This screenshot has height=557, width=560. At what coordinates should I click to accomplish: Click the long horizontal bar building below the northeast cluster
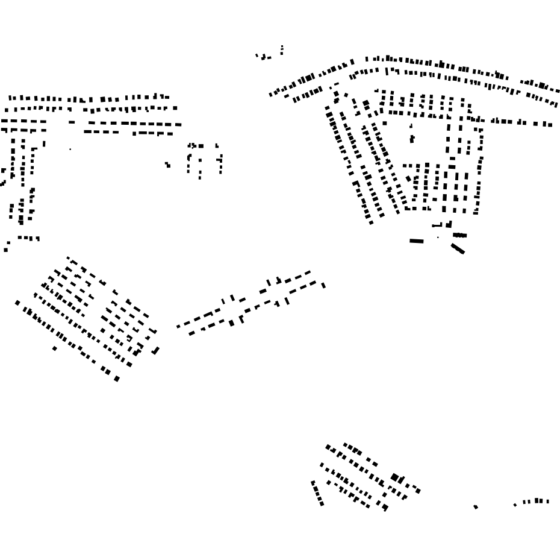click(416, 241)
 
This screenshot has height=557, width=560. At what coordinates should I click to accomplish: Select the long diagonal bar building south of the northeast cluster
click(458, 248)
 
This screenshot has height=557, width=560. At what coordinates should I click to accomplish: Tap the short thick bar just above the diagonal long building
click(459, 235)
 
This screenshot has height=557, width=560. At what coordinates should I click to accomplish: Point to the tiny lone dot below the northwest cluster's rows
click(70, 149)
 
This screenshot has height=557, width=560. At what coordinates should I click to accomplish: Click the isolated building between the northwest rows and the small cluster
click(167, 164)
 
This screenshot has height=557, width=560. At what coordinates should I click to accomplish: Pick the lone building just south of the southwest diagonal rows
click(55, 348)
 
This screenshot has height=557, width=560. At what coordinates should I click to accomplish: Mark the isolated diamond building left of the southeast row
click(476, 507)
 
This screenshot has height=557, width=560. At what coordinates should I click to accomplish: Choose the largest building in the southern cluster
click(395, 478)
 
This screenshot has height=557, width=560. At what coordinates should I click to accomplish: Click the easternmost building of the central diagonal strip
click(323, 285)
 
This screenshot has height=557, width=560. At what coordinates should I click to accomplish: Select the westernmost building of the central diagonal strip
click(178, 327)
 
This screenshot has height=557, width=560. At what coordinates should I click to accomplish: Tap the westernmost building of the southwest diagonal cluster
click(17, 303)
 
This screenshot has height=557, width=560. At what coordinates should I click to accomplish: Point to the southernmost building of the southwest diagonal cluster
click(117, 379)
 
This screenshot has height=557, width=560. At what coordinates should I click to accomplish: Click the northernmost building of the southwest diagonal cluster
click(68, 258)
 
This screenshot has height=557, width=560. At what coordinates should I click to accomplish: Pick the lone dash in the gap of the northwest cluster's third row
click(72, 122)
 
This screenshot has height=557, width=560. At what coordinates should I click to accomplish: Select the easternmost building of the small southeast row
click(547, 501)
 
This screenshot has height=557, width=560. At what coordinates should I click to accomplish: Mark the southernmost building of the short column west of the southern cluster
click(322, 503)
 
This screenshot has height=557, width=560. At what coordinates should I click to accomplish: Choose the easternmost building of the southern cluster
click(418, 491)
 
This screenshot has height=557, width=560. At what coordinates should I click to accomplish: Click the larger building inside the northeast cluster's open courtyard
click(412, 139)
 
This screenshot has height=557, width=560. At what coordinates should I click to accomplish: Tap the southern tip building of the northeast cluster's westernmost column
click(371, 222)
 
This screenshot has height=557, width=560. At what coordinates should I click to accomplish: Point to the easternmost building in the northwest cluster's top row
click(167, 97)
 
